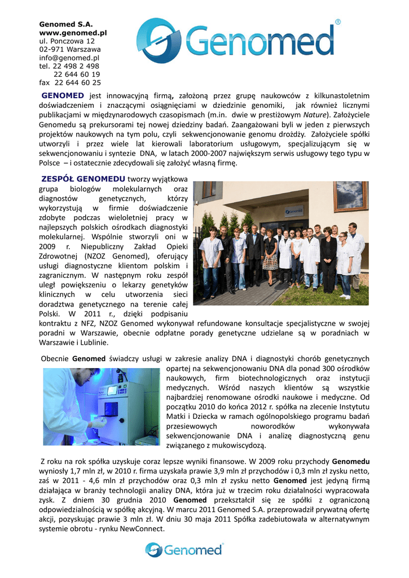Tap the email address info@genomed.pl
(69, 58)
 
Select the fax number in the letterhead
(69, 82)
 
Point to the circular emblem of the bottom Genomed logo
(154, 550)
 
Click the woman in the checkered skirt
(271, 253)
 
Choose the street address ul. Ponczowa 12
(67, 41)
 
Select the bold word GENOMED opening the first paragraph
(63, 95)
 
